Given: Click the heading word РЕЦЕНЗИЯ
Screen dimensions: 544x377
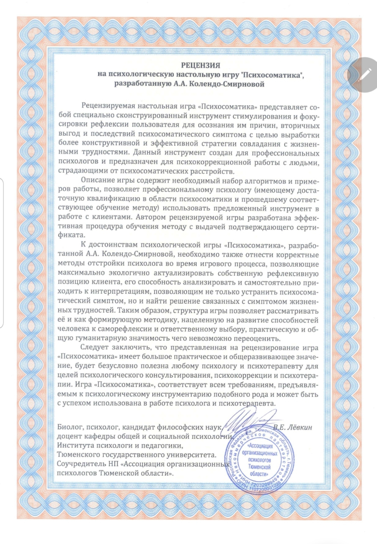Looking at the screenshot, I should [x=200, y=65].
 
